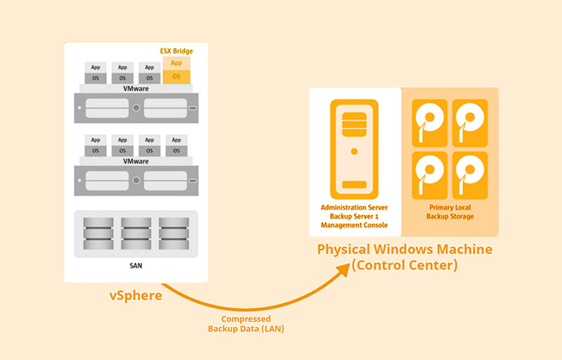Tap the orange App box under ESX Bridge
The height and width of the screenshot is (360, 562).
pyautogui.click(x=176, y=63)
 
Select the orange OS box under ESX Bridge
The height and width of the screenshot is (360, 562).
pyautogui.click(x=176, y=76)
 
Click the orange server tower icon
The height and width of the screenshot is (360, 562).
pyautogui.click(x=354, y=148)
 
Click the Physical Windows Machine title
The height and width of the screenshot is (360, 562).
pyautogui.click(x=405, y=250)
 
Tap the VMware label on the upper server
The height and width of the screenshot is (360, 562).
pyautogui.click(x=136, y=89)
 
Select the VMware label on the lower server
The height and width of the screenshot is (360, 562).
pyautogui.click(x=136, y=161)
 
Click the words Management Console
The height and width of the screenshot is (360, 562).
pyautogui.click(x=354, y=226)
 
